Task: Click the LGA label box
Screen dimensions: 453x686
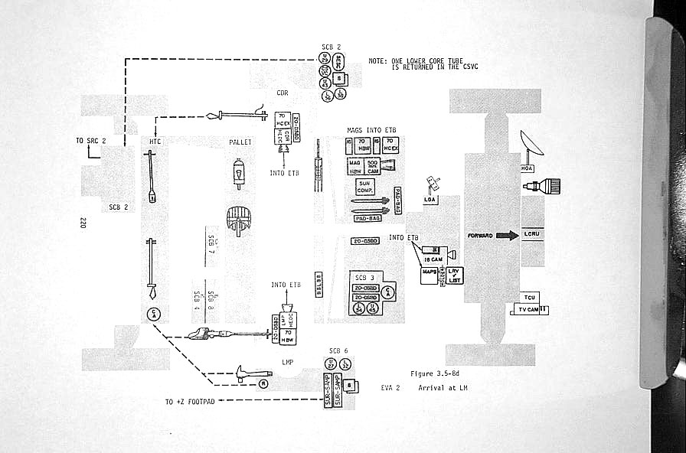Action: click(430, 200)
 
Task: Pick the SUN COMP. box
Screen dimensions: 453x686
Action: click(365, 185)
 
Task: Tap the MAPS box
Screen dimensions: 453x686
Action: click(429, 271)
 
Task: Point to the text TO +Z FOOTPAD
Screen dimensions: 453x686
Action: click(190, 402)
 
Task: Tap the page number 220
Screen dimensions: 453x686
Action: click(82, 223)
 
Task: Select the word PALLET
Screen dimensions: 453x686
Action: click(240, 142)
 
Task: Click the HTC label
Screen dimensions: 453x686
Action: click(155, 141)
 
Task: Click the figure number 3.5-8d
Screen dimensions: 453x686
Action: click(435, 374)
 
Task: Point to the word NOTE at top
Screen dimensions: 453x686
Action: click(377, 60)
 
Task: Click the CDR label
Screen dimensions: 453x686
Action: click(282, 93)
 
